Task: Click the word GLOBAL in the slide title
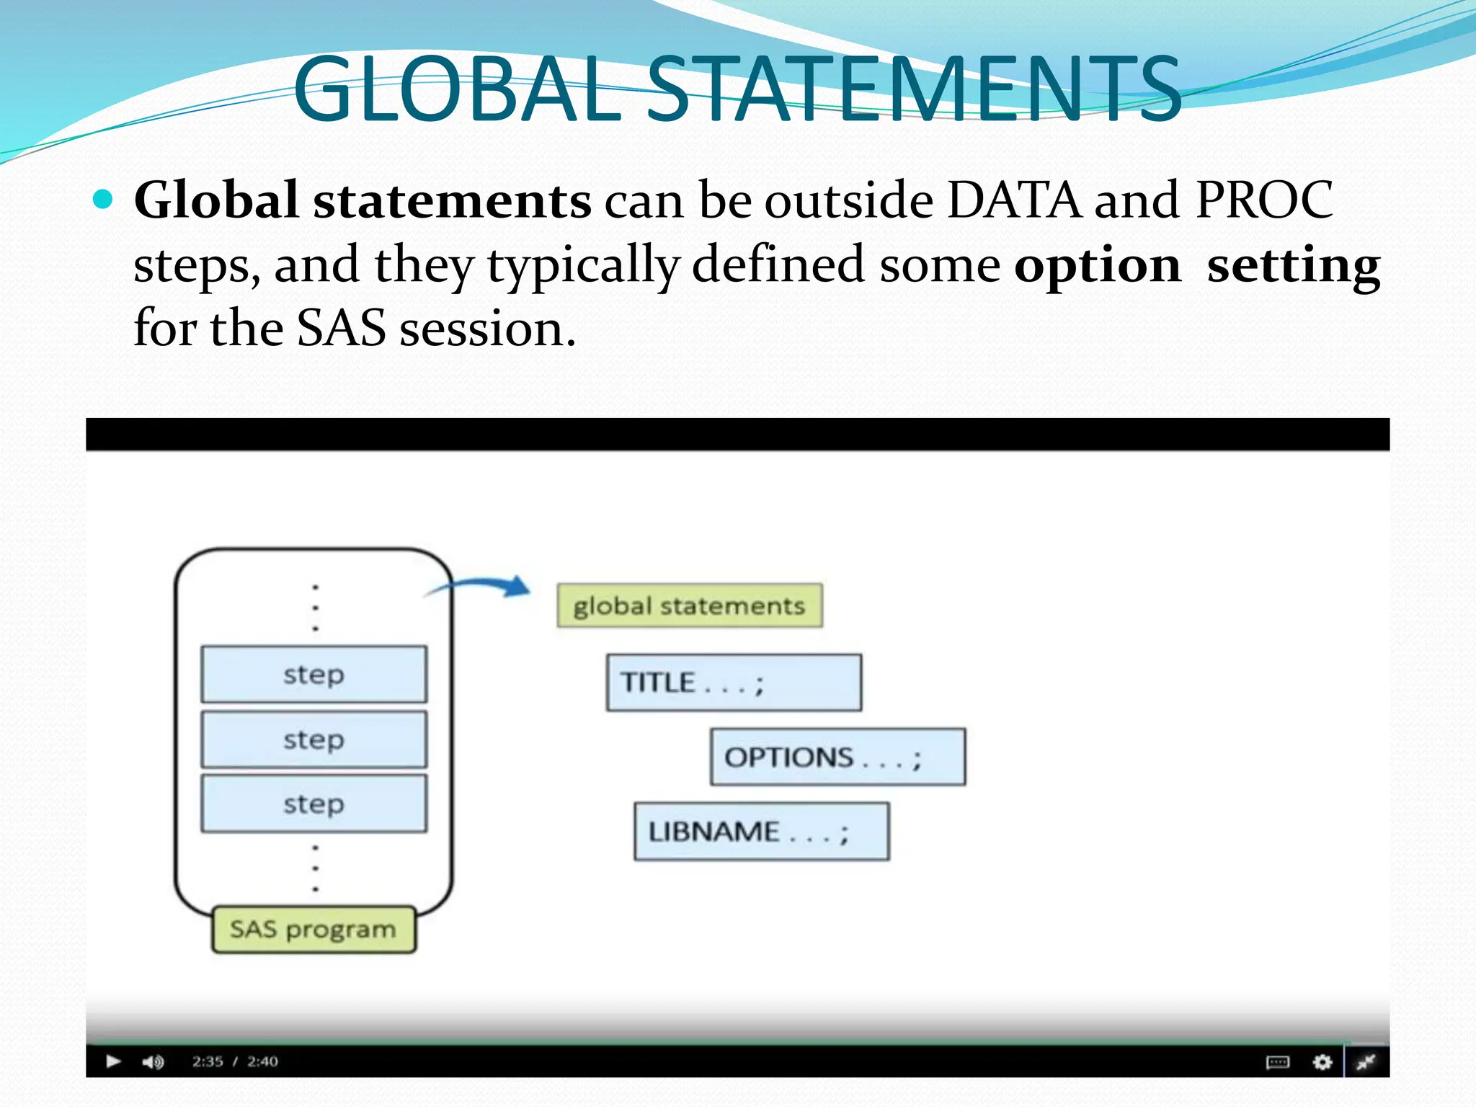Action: (457, 89)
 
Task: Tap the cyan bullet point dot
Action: (104, 199)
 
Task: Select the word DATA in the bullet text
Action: (1013, 200)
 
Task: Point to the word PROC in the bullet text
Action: (1264, 200)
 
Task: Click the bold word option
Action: (1098, 265)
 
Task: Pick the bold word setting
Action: (1293, 265)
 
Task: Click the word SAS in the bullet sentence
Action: (341, 329)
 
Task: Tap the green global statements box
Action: (690, 605)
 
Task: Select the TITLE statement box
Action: (734, 683)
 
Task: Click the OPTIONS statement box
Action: (837, 757)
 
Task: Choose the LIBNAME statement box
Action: (761, 832)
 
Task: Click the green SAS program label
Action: (314, 930)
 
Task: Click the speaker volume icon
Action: (153, 1062)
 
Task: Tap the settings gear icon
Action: (1322, 1062)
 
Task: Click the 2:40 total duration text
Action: (262, 1062)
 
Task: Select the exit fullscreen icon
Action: (1366, 1062)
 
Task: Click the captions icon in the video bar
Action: (1278, 1062)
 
